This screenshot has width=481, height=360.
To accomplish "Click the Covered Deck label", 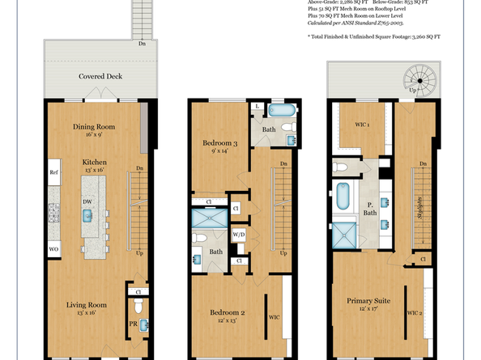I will click(100, 76).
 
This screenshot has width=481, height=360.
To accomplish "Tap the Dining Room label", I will click(95, 126).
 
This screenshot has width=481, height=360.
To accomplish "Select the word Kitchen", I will click(95, 162).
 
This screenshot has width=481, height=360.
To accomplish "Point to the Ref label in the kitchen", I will click(53, 172).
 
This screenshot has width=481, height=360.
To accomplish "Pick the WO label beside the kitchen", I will click(53, 248).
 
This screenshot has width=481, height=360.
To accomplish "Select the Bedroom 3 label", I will click(219, 142).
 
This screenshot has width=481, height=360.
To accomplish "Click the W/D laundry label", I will click(239, 235).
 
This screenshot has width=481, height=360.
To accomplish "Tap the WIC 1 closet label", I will click(362, 125).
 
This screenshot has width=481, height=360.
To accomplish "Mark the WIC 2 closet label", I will click(413, 312).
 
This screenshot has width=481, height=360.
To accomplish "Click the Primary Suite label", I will click(369, 300).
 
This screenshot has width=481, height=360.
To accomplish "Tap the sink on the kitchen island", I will click(86, 215).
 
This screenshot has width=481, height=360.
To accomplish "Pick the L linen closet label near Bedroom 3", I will click(257, 107).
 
